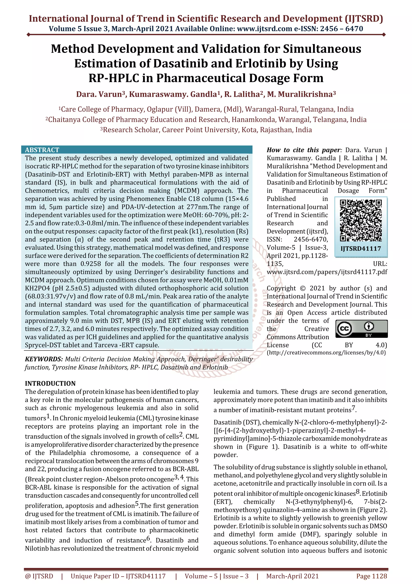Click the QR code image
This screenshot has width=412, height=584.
coord(361,220)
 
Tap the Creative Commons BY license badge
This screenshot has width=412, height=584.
coord(361,329)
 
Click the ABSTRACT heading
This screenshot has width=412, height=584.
coord(42,150)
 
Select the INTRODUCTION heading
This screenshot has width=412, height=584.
coord(50,383)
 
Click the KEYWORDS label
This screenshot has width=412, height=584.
coord(44,359)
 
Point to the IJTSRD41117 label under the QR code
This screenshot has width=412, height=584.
coord(361,248)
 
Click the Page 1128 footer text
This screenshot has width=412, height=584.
coord(371,576)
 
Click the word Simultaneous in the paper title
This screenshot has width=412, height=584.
coord(322,49)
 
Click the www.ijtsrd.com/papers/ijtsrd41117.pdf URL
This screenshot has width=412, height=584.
coord(327,272)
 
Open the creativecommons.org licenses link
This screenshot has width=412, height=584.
coord(326,352)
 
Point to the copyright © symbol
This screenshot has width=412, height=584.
coord(303,288)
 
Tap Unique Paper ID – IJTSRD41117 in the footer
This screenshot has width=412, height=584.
coord(118,576)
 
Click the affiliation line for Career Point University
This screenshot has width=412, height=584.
coord(206,130)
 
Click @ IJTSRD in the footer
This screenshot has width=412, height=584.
coord(39,576)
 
